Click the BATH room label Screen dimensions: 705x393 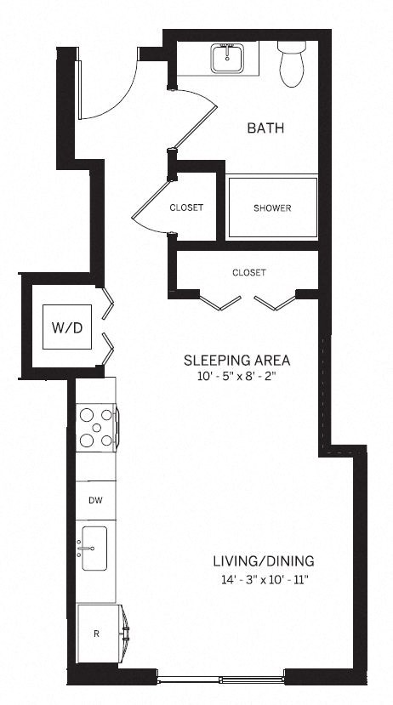pyautogui.click(x=265, y=128)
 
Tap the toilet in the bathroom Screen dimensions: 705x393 pyautogui.click(x=291, y=65)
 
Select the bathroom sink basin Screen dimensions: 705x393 pyautogui.click(x=227, y=59)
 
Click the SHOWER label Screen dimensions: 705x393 pyautogui.click(x=272, y=208)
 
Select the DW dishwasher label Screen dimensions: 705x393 pyautogui.click(x=96, y=501)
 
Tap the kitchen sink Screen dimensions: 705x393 pyautogui.click(x=94, y=549)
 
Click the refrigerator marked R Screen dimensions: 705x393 pyautogui.click(x=97, y=631)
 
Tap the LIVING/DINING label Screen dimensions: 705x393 pyautogui.click(x=264, y=561)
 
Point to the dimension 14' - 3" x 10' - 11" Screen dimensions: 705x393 pyautogui.click(x=264, y=580)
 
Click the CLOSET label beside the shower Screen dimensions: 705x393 pyautogui.click(x=186, y=208)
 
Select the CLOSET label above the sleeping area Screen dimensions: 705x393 pyautogui.click(x=248, y=273)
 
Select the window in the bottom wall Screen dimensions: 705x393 pyautogui.click(x=220, y=679)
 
